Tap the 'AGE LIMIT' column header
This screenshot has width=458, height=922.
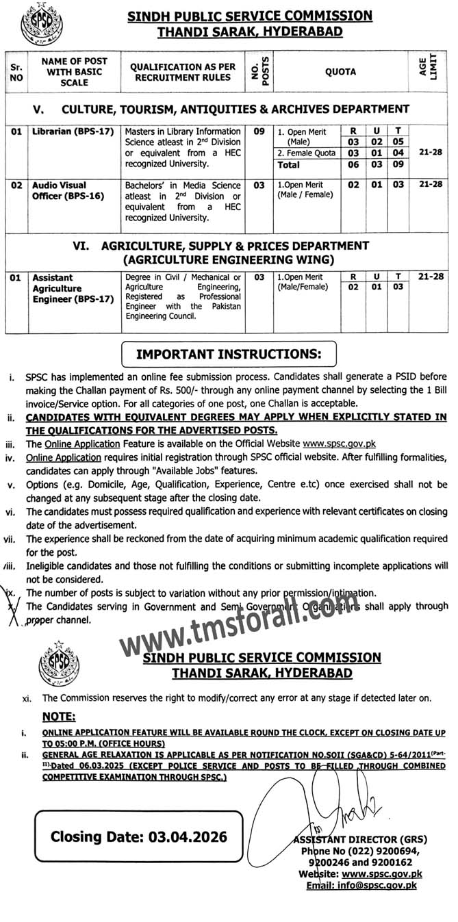click(429, 71)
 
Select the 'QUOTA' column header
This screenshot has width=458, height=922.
click(340, 72)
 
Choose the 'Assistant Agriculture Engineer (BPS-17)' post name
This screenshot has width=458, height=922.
click(72, 289)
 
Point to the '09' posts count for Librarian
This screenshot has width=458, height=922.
click(259, 131)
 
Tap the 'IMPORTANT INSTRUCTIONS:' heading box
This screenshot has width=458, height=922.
click(229, 355)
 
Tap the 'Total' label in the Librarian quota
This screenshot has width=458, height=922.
click(290, 165)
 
